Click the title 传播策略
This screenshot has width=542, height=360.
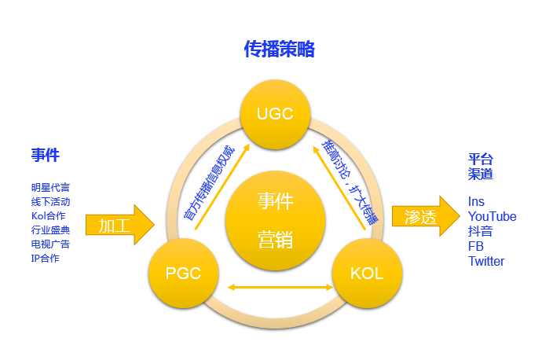tap(279, 50)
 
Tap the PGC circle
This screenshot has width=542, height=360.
tap(183, 273)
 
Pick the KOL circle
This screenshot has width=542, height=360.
tap(366, 273)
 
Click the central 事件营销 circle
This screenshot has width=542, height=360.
tap(275, 219)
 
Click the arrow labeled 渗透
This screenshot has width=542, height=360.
tap(425, 217)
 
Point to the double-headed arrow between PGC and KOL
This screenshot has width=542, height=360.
tap(274, 286)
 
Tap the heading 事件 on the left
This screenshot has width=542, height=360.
tap(46, 155)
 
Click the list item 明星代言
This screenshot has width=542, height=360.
tap(50, 188)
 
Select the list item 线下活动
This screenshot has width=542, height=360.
tap(50, 202)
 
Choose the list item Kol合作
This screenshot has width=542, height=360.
tap(49, 216)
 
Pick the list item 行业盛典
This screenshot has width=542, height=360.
tap(50, 230)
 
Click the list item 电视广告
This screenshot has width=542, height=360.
tap(50, 244)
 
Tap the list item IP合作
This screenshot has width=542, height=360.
tap(45, 259)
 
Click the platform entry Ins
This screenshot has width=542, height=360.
tap(476, 202)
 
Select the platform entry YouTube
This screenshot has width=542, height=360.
tap(492, 216)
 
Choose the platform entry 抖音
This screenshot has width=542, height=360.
tap(480, 231)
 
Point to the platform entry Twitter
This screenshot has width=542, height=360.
tap(486, 261)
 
